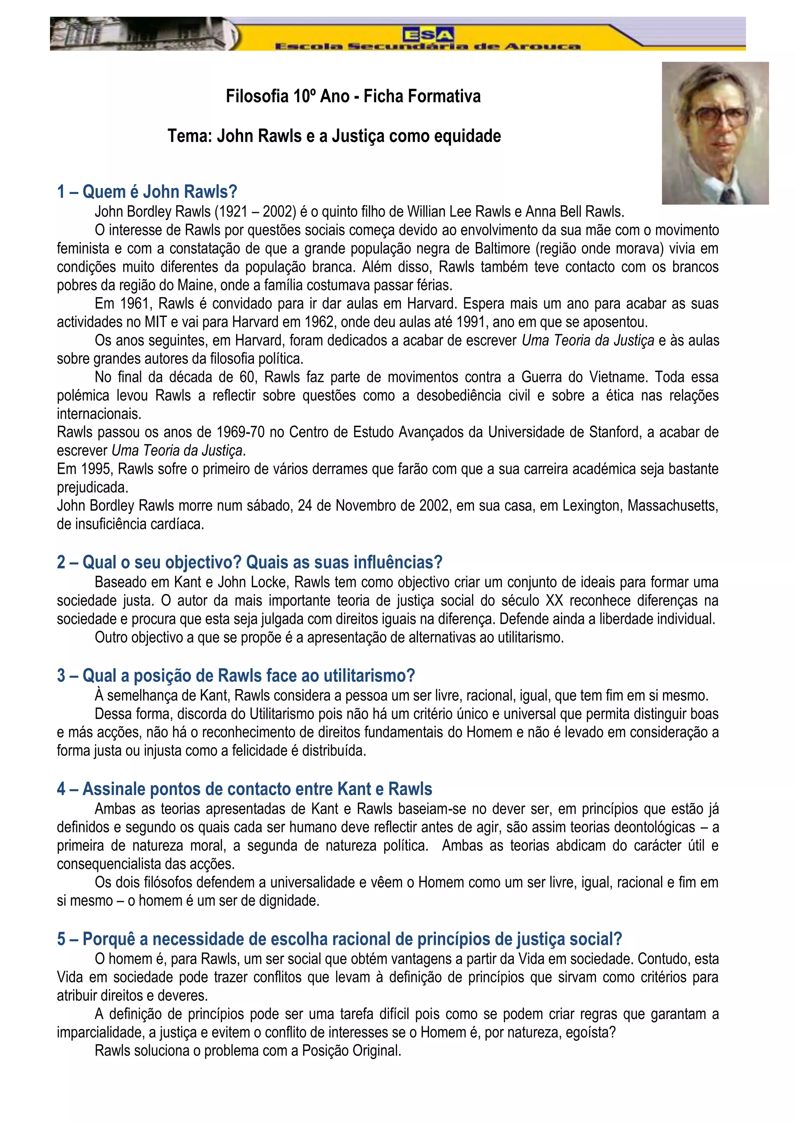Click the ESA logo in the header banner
pos(428,34)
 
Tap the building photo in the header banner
pos(142,33)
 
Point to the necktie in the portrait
pos(728,196)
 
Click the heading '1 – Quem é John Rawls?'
pos(147,191)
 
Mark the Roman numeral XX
pos(554,601)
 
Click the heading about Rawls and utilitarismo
pos(236,676)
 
